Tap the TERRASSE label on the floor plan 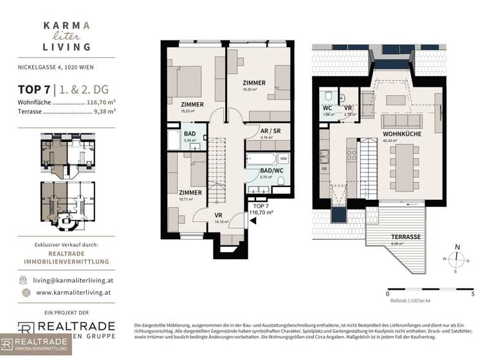point(407,237)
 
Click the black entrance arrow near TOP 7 point(253,221)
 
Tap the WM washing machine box point(284,157)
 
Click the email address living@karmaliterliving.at point(75,280)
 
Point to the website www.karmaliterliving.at point(75,292)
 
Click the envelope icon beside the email point(24,280)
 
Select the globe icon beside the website point(24,292)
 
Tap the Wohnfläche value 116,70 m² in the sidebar point(101,102)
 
